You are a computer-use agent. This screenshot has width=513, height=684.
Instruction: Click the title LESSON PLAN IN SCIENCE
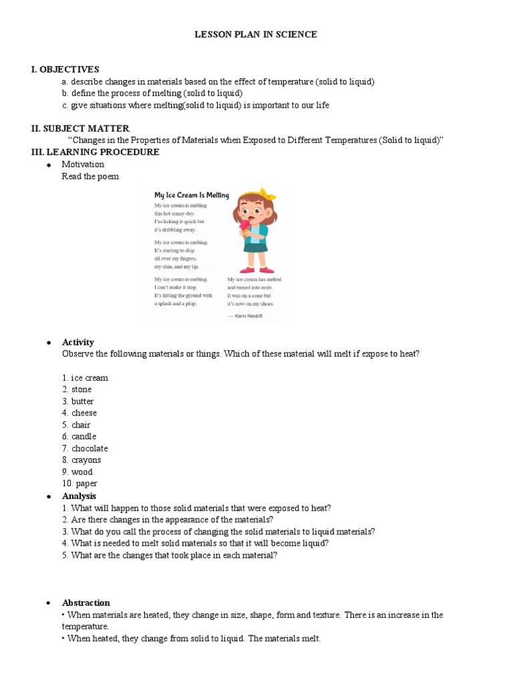tap(256, 35)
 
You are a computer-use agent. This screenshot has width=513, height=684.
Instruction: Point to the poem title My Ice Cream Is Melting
tap(192, 195)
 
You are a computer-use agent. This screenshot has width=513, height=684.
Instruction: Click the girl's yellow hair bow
tap(267, 194)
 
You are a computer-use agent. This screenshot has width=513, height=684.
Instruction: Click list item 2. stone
tap(77, 389)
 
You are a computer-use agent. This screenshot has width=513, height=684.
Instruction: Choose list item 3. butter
tap(77, 401)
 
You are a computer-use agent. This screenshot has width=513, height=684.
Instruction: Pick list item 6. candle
tap(79, 437)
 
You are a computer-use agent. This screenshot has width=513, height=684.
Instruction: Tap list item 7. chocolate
tap(84, 448)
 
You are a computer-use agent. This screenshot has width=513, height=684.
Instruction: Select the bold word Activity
tap(78, 342)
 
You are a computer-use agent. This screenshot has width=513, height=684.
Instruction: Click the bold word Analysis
tap(79, 496)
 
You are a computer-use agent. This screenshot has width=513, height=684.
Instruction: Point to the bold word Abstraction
tap(85, 603)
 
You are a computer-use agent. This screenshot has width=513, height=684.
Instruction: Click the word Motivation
tap(83, 164)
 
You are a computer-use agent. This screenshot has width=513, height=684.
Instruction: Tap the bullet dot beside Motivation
tap(49, 165)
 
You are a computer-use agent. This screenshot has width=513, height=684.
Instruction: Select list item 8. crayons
tap(81, 460)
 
